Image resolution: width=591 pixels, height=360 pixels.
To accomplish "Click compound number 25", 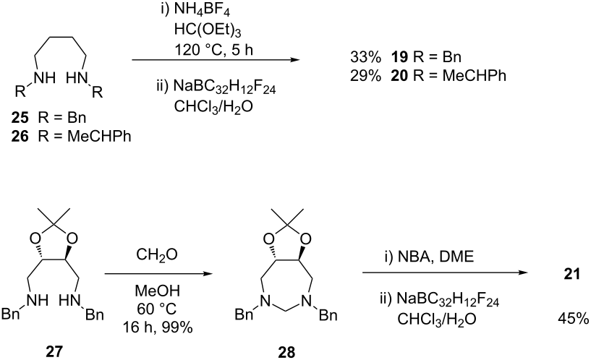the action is click(20, 118).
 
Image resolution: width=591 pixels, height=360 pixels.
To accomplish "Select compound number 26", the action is click(20, 137).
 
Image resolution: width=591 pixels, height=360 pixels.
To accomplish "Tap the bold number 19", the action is click(399, 57).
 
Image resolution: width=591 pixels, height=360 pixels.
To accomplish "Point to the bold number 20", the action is click(399, 76).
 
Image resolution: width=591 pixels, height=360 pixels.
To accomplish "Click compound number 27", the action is click(54, 352).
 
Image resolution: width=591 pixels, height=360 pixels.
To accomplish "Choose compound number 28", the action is click(287, 352).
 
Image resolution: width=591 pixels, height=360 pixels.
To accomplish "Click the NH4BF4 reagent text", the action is click(202, 11).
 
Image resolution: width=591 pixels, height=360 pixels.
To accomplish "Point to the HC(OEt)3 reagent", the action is click(208, 30).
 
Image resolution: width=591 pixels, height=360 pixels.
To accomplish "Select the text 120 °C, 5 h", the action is click(213, 49).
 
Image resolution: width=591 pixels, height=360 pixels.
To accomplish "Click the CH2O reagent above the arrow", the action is click(157, 256).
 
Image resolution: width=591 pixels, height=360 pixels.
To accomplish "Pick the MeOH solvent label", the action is click(158, 291).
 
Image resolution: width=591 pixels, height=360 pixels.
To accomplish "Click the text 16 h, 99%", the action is click(158, 327).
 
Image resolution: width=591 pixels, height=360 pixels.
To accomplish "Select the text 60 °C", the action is click(157, 309).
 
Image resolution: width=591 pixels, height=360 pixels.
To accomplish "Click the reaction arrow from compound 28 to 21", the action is click(445, 273).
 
